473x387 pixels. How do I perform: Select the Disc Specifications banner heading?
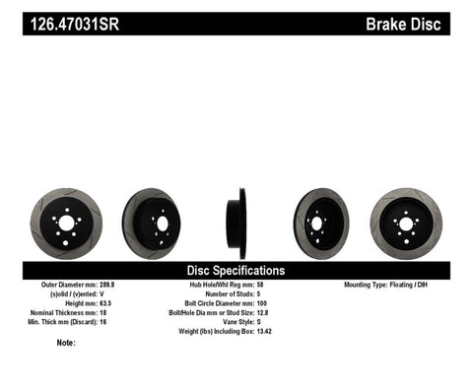[236, 269]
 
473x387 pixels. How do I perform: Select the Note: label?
[67, 343]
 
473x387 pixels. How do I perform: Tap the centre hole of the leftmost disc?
[66, 224]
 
